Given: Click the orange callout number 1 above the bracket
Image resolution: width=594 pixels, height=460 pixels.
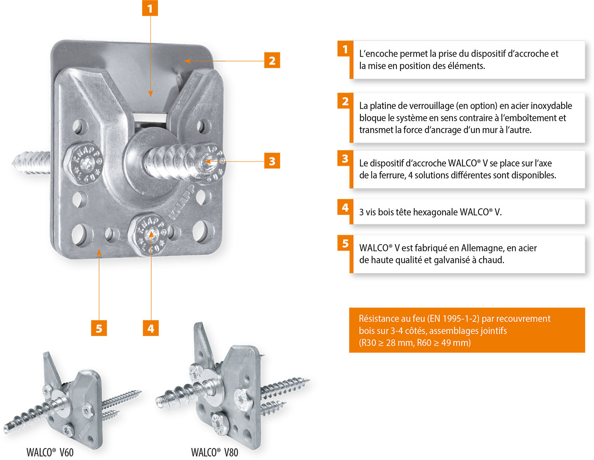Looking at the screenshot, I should click(150, 8).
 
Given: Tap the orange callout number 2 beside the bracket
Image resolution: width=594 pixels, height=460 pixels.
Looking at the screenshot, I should click(272, 61).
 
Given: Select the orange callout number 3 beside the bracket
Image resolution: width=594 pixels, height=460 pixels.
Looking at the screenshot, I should click(272, 161).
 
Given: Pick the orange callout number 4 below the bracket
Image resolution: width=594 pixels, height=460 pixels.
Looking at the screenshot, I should click(151, 328).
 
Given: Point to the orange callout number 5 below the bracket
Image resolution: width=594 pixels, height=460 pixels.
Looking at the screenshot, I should click(99, 328).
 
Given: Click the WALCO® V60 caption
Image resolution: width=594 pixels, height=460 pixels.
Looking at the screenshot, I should click(50, 452).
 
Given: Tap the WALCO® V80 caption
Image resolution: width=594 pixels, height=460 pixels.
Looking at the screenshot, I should click(215, 452).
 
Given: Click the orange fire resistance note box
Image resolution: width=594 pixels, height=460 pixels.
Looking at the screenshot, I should click(466, 330).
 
